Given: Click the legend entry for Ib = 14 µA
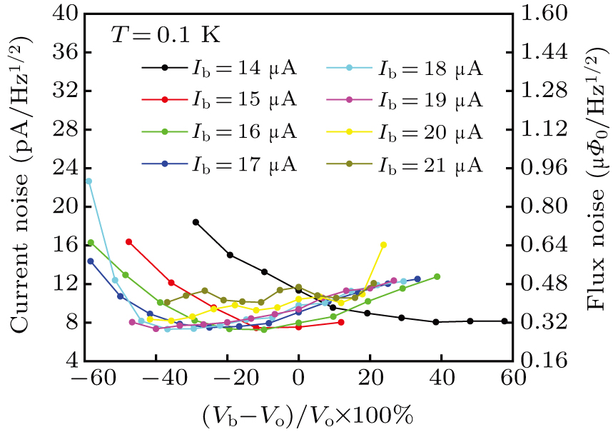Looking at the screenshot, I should pyautogui.click(x=218, y=69).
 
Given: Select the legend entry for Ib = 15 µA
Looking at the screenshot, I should pyautogui.click(x=218, y=101).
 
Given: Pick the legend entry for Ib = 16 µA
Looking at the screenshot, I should pyautogui.click(x=218, y=133).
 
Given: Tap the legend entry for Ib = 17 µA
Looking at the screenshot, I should pyautogui.click(x=218, y=164).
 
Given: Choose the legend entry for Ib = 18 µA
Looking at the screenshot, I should pyautogui.click(x=405, y=69).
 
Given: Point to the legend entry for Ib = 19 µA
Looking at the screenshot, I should pyautogui.click(x=405, y=101).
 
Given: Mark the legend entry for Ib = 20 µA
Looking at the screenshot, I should pyautogui.click(x=405, y=133).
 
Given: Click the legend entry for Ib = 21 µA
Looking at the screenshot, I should pyautogui.click(x=405, y=164).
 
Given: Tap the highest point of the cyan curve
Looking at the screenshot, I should pyautogui.click(x=88, y=181).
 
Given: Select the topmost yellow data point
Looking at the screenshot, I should pyautogui.click(x=383, y=245).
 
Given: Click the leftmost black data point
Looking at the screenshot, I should pyautogui.click(x=196, y=222).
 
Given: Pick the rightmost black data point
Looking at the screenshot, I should pyautogui.click(x=505, y=321).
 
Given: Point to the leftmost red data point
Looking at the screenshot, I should pyautogui.click(x=128, y=242).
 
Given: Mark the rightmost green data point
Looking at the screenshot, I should pyautogui.click(x=437, y=276).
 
